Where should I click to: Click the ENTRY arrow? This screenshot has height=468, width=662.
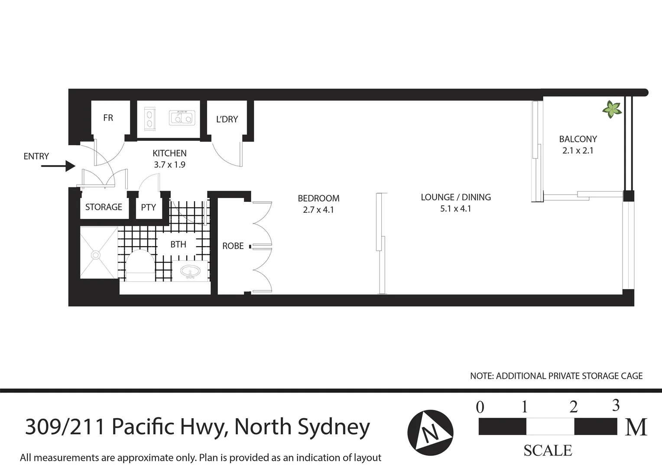(58, 166)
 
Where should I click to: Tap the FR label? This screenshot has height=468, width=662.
(108, 118)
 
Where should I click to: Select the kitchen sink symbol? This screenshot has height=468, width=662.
(182, 117)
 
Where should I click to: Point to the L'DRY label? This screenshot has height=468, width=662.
(227, 119)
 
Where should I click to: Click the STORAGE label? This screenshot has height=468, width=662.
(104, 207)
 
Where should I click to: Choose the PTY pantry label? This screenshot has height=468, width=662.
(148, 208)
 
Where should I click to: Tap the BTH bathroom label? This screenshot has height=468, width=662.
(178, 244)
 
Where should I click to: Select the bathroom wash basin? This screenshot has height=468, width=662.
(189, 272)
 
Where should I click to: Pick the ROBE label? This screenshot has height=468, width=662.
(233, 246)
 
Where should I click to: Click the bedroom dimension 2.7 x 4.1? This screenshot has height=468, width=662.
(318, 210)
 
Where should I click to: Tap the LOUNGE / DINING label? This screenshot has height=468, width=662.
(456, 197)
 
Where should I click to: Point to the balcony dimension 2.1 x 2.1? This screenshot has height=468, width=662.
(578, 151)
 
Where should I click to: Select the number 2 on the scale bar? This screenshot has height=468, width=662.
(573, 407)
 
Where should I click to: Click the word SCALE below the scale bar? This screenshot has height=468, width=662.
(548, 451)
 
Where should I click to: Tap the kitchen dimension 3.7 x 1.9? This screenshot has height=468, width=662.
(169, 165)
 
